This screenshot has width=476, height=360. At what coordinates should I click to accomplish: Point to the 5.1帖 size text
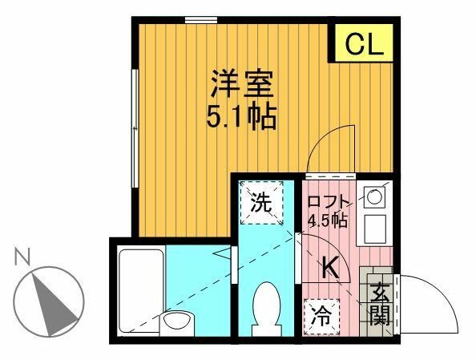pos(243,118)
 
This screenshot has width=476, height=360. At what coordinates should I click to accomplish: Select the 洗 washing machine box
pos(263,204)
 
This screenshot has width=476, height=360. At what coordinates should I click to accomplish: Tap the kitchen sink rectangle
pos(373,229)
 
